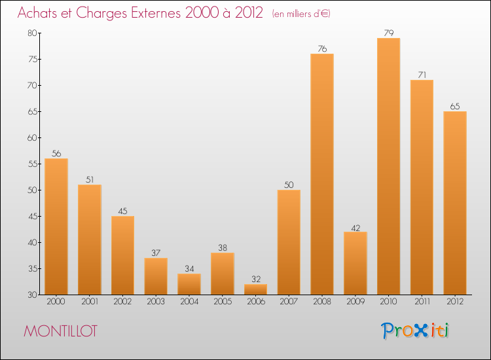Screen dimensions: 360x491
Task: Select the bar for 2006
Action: pos(255,289)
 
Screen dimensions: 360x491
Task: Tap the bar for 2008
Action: pos(322,174)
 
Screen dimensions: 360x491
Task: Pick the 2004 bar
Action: pos(189,284)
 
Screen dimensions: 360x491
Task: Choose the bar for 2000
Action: pos(56,226)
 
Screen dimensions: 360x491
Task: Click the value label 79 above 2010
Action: pos(388,33)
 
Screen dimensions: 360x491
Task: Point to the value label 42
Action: pos(355,227)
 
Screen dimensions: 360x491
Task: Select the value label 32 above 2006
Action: pos(255,279)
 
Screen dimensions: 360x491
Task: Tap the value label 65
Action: pos(455,107)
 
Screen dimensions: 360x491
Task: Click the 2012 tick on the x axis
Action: pos(455,302)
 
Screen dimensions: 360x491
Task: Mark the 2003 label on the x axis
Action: pos(156,302)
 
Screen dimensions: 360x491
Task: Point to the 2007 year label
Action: pos(289,302)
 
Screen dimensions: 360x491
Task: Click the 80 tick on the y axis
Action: pos(31,33)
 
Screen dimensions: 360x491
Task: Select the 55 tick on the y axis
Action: pos(31,164)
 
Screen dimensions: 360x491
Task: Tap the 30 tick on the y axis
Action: pos(31,295)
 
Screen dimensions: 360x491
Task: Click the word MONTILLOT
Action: pos(60,331)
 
